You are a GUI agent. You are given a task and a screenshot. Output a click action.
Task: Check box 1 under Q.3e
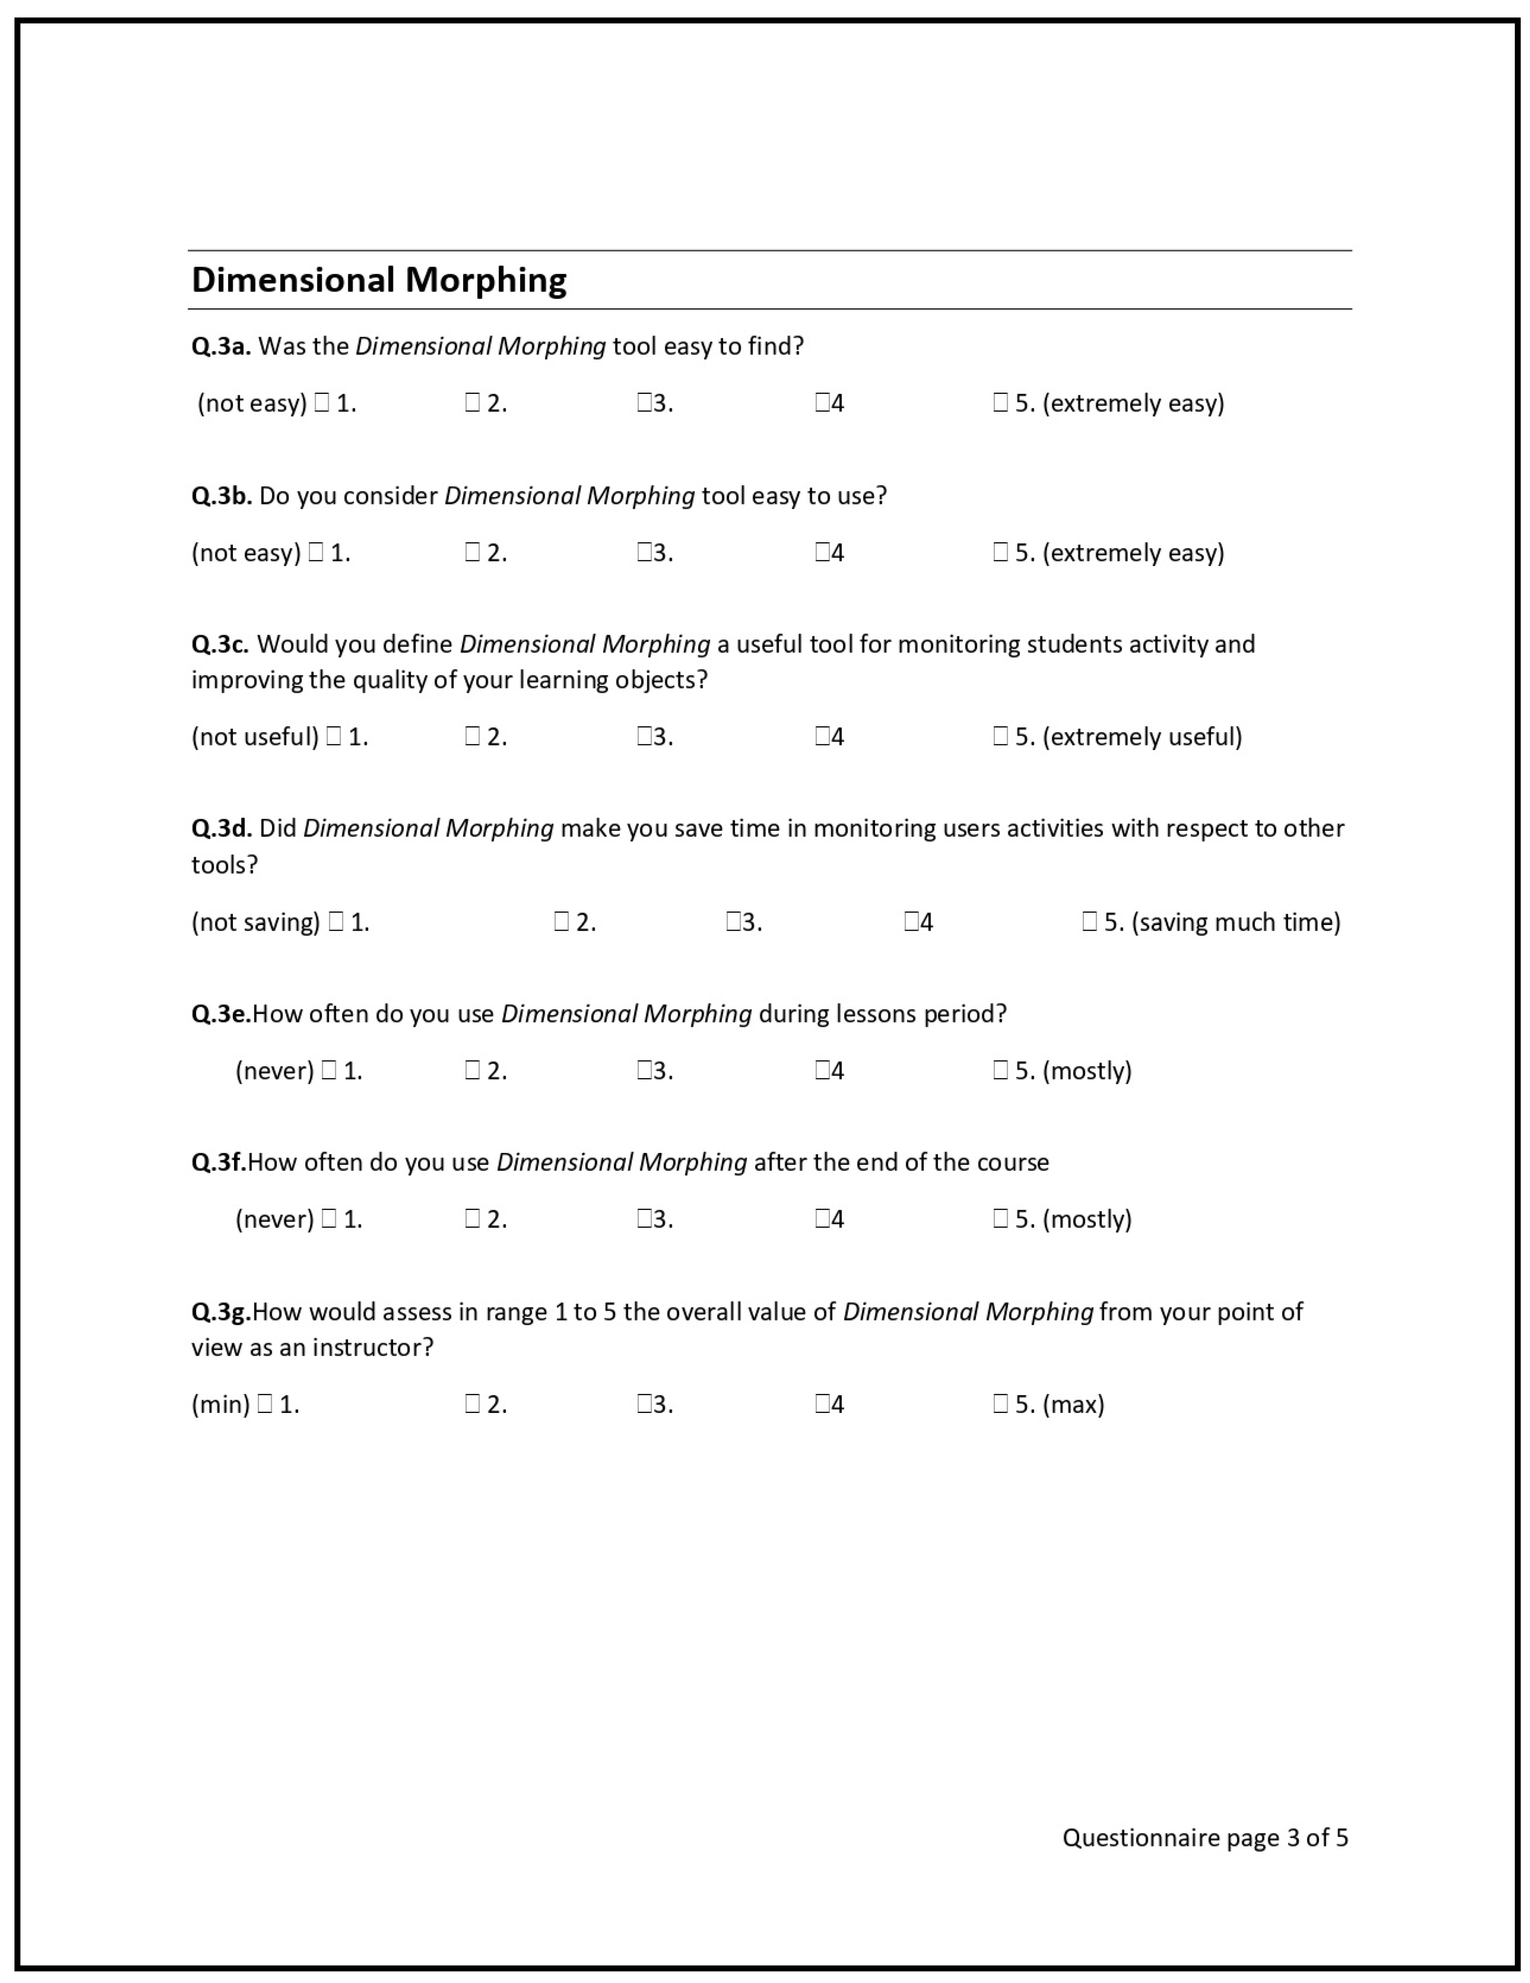point(329,1070)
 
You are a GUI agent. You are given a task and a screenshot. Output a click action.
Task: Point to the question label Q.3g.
point(221,1312)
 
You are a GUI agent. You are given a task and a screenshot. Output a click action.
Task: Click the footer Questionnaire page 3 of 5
point(1205,1838)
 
